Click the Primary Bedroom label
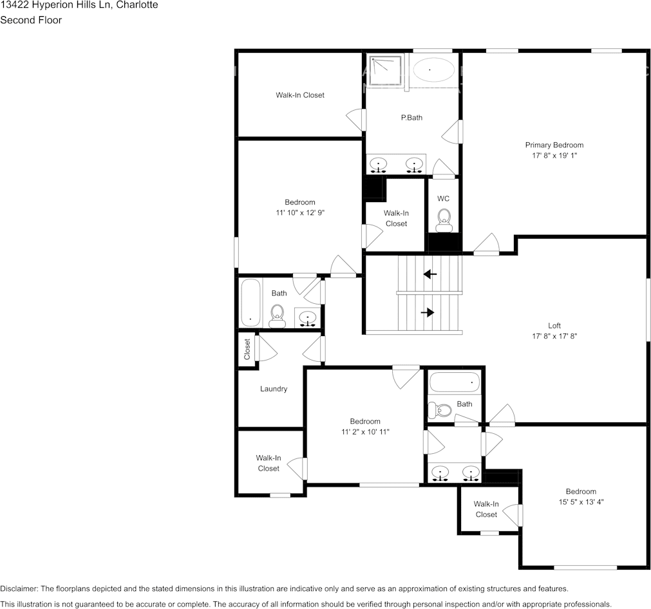tap(554, 145)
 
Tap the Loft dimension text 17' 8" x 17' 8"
tap(554, 336)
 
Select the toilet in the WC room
tap(443, 221)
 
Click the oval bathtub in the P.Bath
tap(432, 70)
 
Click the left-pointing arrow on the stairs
tap(429, 274)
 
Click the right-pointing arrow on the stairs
tap(428, 313)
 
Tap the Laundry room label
tap(274, 389)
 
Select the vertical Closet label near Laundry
tap(247, 350)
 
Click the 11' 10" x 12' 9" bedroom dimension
tap(300, 212)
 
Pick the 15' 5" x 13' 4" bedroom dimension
tap(580, 502)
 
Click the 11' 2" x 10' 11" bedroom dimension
tap(365, 432)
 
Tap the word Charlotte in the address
tap(137, 5)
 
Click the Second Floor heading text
tap(31, 20)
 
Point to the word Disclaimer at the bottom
tap(19, 589)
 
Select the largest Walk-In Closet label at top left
tap(300, 95)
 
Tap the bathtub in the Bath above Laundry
tap(250, 303)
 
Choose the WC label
tap(443, 198)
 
